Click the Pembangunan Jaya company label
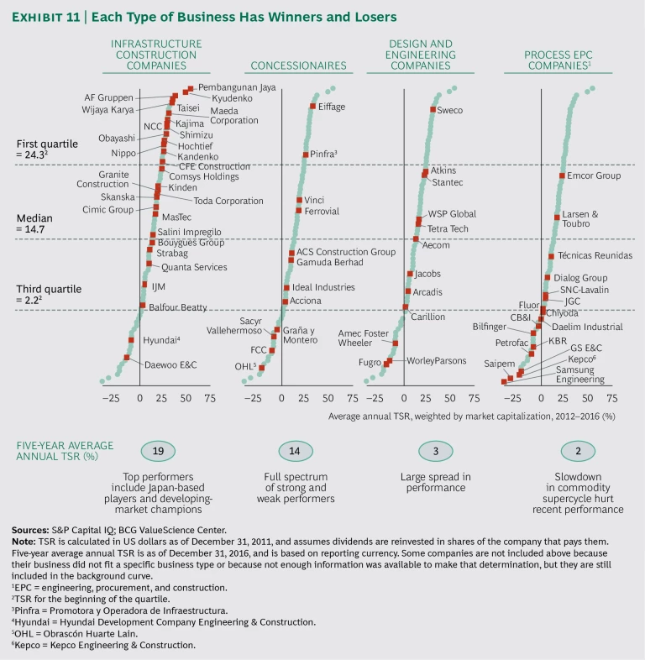pyautogui.click(x=237, y=86)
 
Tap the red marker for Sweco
pyautogui.click(x=433, y=110)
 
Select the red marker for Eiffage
pyautogui.click(x=312, y=106)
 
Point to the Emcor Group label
pyautogui.click(x=594, y=175)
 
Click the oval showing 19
pyautogui.click(x=158, y=452)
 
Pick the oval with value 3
pyautogui.click(x=435, y=452)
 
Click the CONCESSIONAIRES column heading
pyautogui.click(x=299, y=65)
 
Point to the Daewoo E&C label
pyautogui.click(x=171, y=365)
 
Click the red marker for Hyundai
pyautogui.click(x=132, y=340)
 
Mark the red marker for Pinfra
pyautogui.click(x=305, y=155)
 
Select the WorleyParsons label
pyautogui.click(x=436, y=360)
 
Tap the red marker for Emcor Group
pyautogui.click(x=561, y=175)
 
